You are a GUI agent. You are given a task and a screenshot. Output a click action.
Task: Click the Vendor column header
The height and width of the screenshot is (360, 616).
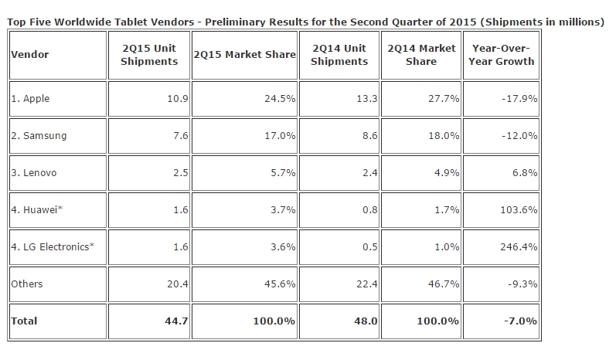click(x=28, y=56)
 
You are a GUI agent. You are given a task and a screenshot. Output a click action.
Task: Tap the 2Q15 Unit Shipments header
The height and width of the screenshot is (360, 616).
click(x=149, y=56)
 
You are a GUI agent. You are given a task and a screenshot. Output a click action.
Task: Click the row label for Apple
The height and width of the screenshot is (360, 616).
click(x=31, y=100)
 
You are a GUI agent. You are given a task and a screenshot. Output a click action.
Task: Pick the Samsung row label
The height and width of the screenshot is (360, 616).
click(x=39, y=136)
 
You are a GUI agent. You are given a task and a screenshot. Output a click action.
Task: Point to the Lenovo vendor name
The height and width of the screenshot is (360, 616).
click(x=35, y=172)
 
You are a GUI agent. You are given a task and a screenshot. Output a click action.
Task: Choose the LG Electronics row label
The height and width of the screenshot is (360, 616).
click(x=53, y=246)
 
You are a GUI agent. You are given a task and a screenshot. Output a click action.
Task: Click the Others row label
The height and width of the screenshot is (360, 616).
click(x=27, y=284)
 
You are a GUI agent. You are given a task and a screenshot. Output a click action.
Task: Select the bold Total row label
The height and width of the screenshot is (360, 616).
click(x=24, y=321)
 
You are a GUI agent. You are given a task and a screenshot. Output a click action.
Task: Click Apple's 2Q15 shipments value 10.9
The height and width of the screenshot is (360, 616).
click(x=176, y=100)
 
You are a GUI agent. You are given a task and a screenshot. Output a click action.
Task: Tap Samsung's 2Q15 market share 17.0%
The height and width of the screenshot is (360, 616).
click(x=281, y=136)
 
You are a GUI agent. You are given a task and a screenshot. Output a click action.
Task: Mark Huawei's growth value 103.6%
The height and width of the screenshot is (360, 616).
click(x=519, y=209)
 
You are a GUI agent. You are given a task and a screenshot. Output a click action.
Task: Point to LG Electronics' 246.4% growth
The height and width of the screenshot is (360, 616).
click(x=519, y=246)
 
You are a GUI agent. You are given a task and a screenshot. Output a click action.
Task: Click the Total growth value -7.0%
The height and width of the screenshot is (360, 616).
click(x=522, y=321)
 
